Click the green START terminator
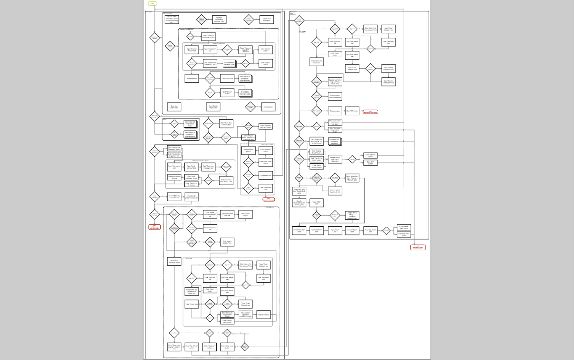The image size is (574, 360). [153, 3]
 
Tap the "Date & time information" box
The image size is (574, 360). [266, 19]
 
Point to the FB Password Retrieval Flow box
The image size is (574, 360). [229, 63]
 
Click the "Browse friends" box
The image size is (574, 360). [192, 78]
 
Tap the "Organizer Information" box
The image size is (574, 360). [174, 107]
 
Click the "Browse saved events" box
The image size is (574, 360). [248, 151]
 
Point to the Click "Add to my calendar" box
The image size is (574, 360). [174, 197]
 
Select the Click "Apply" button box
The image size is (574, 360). [245, 214]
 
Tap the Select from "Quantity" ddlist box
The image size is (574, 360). [174, 261]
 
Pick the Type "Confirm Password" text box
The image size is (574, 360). [389, 81]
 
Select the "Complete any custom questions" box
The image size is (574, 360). [335, 97]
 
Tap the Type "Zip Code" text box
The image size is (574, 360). [370, 231]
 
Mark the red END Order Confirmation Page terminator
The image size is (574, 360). [418, 248]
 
